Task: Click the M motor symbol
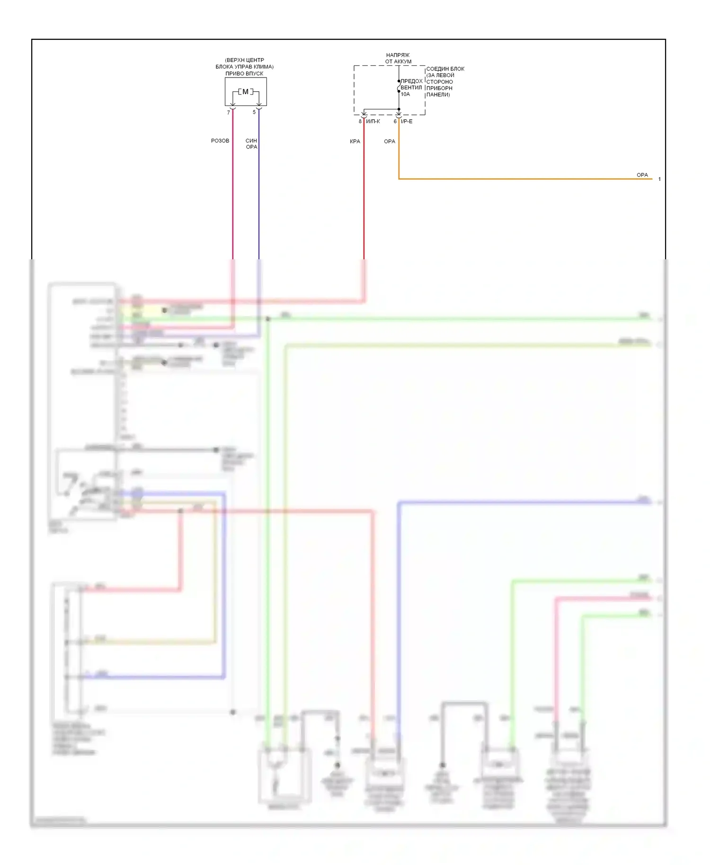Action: (245, 92)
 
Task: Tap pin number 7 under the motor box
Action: (229, 113)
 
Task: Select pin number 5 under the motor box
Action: (254, 112)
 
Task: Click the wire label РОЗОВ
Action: (220, 141)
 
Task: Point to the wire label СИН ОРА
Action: (251, 144)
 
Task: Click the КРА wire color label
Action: (355, 141)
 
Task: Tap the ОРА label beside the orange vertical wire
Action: (390, 141)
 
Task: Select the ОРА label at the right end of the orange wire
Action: (642, 175)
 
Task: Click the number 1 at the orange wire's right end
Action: (659, 179)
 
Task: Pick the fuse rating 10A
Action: (406, 94)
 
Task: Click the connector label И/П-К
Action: (373, 122)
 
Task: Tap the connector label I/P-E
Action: (407, 122)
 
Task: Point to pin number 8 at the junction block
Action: (360, 122)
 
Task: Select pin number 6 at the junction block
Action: (395, 122)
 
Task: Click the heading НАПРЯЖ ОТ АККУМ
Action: (398, 58)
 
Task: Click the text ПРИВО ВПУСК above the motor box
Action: (244, 73)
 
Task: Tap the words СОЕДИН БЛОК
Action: (445, 69)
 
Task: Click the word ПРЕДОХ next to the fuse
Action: (412, 81)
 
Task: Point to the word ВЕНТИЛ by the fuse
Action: (411, 88)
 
